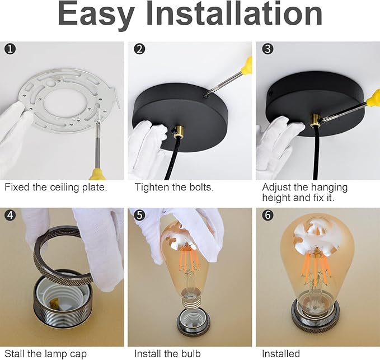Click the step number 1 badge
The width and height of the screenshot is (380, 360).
(10, 49)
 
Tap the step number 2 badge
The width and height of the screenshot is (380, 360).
(139, 49)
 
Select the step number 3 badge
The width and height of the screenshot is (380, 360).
(268, 49)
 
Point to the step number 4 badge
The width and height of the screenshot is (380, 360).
(10, 215)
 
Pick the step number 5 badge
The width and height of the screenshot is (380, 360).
(139, 215)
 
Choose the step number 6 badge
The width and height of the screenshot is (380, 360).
(268, 215)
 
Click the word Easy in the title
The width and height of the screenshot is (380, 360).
(96, 15)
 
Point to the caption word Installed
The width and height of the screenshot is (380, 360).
(281, 354)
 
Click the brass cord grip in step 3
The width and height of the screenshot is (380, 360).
(315, 121)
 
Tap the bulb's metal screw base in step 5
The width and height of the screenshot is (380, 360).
(190, 302)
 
